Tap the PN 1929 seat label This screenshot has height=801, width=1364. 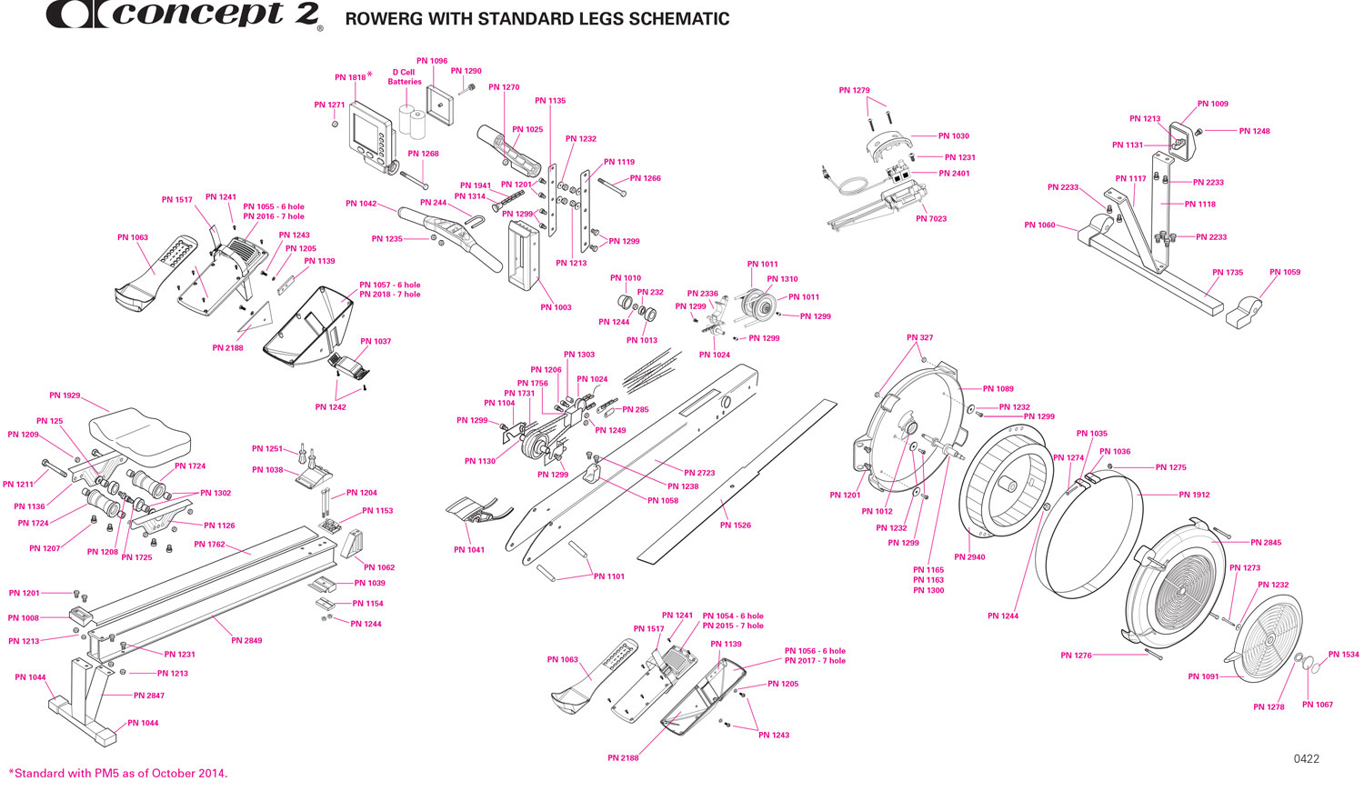click(65, 395)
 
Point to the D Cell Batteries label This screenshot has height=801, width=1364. click(405, 77)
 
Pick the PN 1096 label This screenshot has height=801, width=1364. click(432, 61)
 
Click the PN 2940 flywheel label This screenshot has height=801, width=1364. click(969, 557)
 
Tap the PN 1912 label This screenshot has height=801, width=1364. click(1194, 495)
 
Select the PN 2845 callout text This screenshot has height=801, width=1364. click(1266, 543)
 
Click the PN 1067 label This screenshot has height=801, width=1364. click(1317, 705)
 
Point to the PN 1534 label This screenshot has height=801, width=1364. click(1343, 655)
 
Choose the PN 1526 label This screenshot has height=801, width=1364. click(735, 526)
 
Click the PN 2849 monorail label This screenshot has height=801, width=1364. click(246, 641)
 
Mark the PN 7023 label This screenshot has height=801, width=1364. click(931, 219)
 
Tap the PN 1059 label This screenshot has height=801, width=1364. click(1285, 272)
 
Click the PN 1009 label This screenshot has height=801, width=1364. click(1212, 104)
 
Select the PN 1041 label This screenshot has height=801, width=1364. click(469, 550)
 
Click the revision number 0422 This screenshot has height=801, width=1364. click(1306, 758)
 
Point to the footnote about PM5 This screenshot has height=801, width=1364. click(118, 774)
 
